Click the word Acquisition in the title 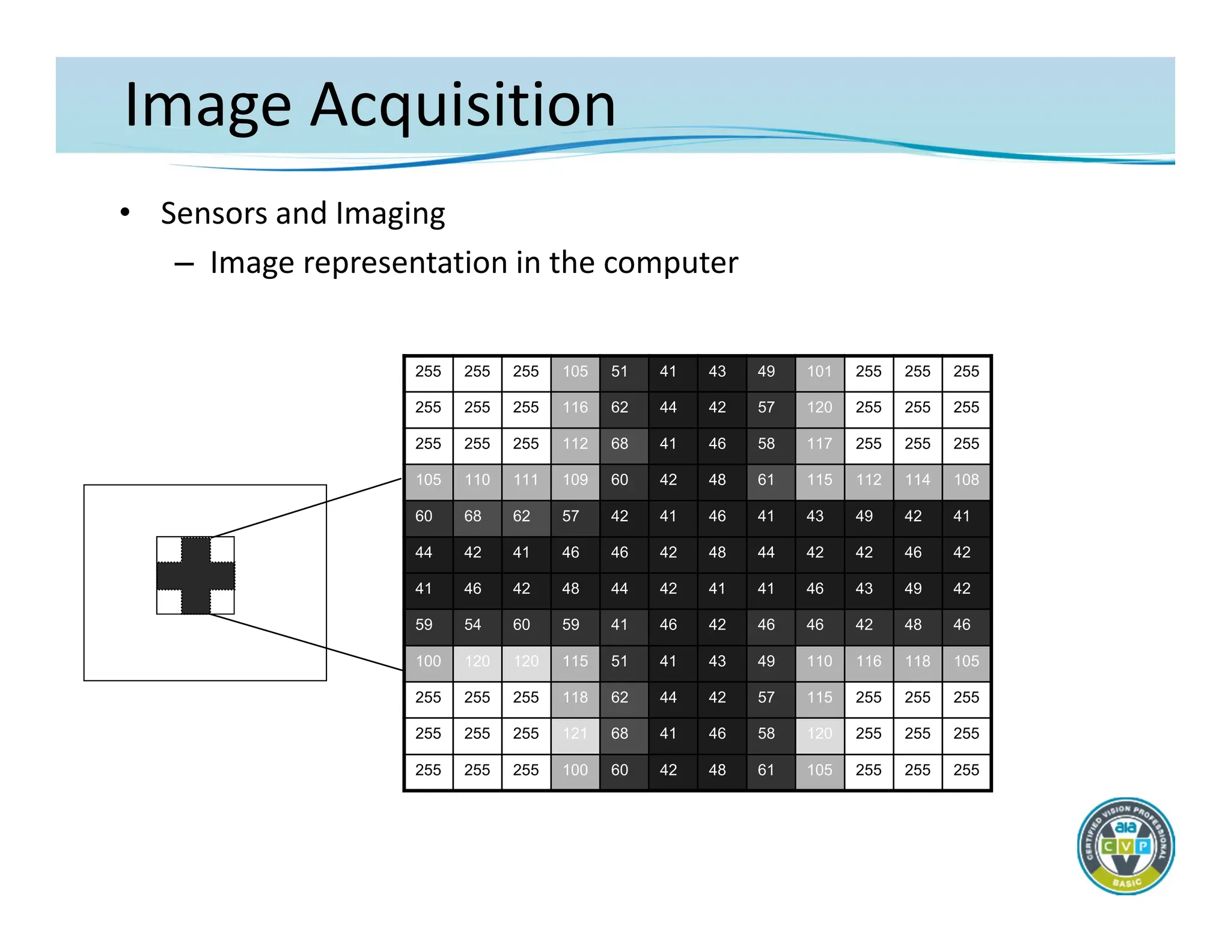point(463,105)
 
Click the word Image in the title point(207,105)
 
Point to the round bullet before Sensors point(124,212)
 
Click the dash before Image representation point(184,264)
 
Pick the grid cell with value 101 point(819,372)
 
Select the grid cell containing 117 point(819,444)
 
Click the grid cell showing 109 point(575,480)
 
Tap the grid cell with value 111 point(526,480)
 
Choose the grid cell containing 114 point(917,480)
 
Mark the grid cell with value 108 point(966,480)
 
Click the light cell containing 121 point(575,733)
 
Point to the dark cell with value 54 point(472,625)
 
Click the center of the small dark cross point(196,575)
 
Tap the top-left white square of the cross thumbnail point(169,549)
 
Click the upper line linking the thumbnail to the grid point(307,508)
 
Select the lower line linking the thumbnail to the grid point(307,642)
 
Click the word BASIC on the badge point(1126,882)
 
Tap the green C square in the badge point(1108,847)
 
